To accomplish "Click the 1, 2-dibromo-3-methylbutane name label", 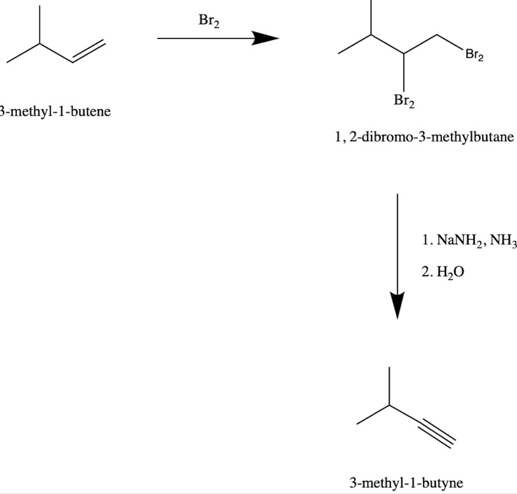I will (x=424, y=137).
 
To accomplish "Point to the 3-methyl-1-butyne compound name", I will (x=406, y=482).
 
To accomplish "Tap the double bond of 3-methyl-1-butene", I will (x=89, y=52).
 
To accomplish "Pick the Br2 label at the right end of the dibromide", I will (x=474, y=55).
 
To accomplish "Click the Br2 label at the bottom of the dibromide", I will (x=403, y=101).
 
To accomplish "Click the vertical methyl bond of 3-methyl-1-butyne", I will (x=389, y=386).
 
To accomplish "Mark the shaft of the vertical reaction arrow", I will (x=398, y=242).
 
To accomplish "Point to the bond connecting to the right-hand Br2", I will (x=448, y=42).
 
